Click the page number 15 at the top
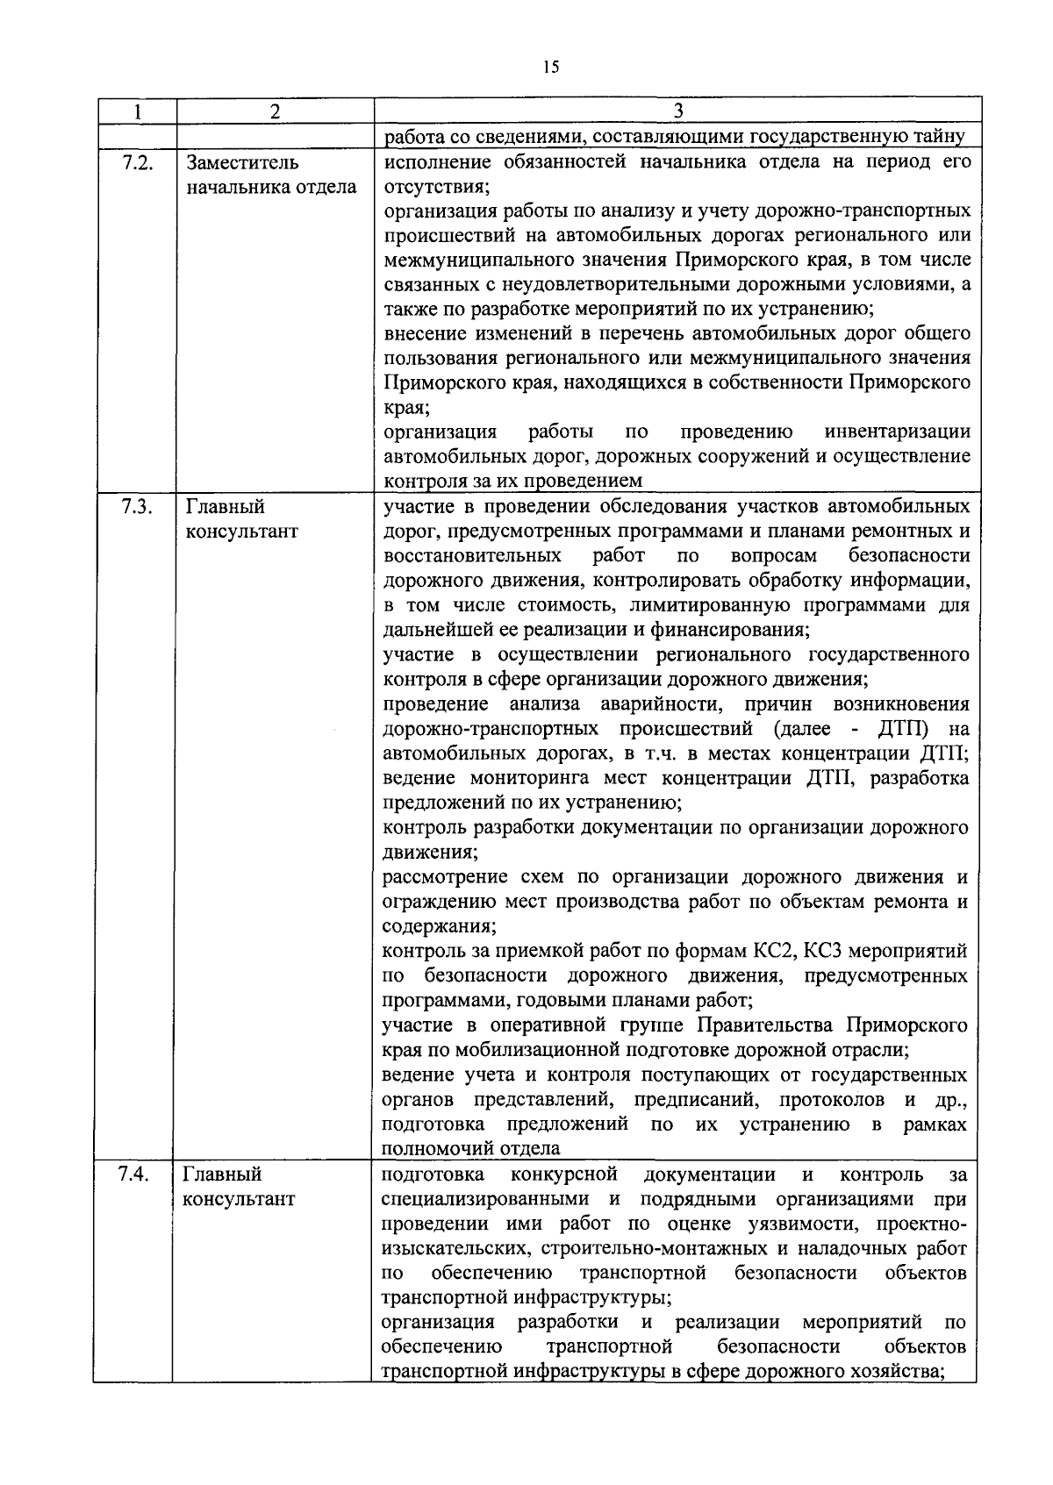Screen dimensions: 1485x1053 click(551, 68)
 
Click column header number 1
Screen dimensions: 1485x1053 click(137, 111)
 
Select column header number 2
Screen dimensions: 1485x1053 click(275, 111)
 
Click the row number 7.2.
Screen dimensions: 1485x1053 click(138, 162)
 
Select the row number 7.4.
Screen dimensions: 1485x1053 click(136, 1174)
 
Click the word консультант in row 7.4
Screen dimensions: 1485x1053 click(240, 1199)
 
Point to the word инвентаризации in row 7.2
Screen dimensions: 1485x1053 click(898, 432)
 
